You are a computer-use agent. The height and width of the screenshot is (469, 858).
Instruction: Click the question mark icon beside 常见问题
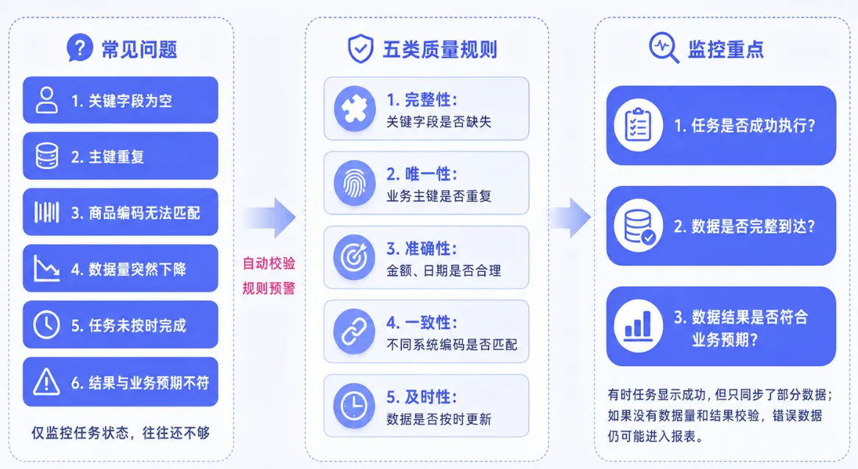coord(80,48)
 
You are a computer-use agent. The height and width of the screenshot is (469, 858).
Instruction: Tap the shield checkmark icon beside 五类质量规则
coord(361,49)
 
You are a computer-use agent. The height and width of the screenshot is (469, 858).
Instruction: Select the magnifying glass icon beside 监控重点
coord(664,48)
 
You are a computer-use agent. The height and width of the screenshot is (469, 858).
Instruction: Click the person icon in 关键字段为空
coord(46,100)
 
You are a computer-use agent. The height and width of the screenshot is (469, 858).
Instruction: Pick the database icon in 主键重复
coord(46,156)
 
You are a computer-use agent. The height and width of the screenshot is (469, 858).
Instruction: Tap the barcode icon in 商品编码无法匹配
coord(46,212)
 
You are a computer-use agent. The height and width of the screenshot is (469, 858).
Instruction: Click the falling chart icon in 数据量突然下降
coord(46,268)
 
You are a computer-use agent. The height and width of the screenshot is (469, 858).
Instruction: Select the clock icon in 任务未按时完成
coord(46,325)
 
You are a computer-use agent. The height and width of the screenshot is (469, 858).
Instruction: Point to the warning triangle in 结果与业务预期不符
coord(46,382)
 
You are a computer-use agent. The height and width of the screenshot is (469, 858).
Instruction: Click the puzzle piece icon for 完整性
coord(355,108)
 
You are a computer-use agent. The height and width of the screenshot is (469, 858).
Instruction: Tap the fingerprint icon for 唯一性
coord(355,182)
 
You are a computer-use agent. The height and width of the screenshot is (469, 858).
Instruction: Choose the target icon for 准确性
coord(355,257)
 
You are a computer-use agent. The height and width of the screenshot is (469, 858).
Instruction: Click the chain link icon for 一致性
coord(355,332)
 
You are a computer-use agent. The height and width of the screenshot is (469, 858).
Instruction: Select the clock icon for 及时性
coord(355,406)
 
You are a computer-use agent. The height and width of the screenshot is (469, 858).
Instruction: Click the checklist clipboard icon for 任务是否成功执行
coord(638,125)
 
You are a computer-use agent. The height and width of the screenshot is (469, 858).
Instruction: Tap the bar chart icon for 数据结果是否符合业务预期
coord(638,326)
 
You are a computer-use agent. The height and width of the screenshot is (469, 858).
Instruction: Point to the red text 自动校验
coord(269,263)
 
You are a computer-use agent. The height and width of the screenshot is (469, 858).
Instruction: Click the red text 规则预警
coord(269,288)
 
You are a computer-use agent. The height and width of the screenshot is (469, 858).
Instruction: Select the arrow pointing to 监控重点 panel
coord(570,218)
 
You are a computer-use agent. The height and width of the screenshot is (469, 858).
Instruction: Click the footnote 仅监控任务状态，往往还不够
coord(121,433)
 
